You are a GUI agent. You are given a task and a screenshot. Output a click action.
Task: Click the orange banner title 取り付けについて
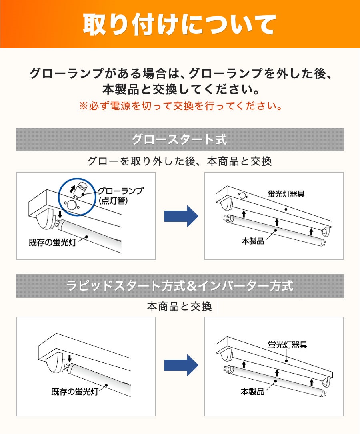click(180, 24)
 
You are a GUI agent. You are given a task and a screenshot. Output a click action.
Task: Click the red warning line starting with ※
click(180, 106)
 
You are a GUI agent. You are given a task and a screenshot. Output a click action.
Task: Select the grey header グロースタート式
click(180, 140)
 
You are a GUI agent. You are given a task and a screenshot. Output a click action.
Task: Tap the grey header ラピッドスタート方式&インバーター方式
click(180, 286)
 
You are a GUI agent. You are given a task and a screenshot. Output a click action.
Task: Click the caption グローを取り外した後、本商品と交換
click(180, 161)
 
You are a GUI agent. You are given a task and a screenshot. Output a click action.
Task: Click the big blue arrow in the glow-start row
click(181, 216)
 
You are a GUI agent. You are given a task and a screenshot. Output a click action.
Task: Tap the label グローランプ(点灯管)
click(120, 195)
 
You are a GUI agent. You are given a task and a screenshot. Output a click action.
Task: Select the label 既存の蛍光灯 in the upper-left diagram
click(52, 243)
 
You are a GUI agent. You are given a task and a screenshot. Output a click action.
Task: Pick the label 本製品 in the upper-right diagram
click(253, 241)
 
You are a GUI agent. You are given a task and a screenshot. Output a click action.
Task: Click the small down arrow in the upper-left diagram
click(60, 215)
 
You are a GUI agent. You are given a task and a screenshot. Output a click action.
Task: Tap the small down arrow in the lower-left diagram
click(70, 358)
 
